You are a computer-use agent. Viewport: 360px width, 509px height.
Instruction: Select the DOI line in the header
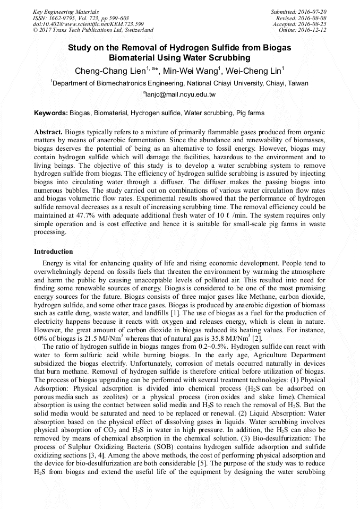[89, 24]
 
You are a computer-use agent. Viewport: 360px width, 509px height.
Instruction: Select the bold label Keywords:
[50, 113]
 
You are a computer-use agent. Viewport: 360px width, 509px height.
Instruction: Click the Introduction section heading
[54, 251]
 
